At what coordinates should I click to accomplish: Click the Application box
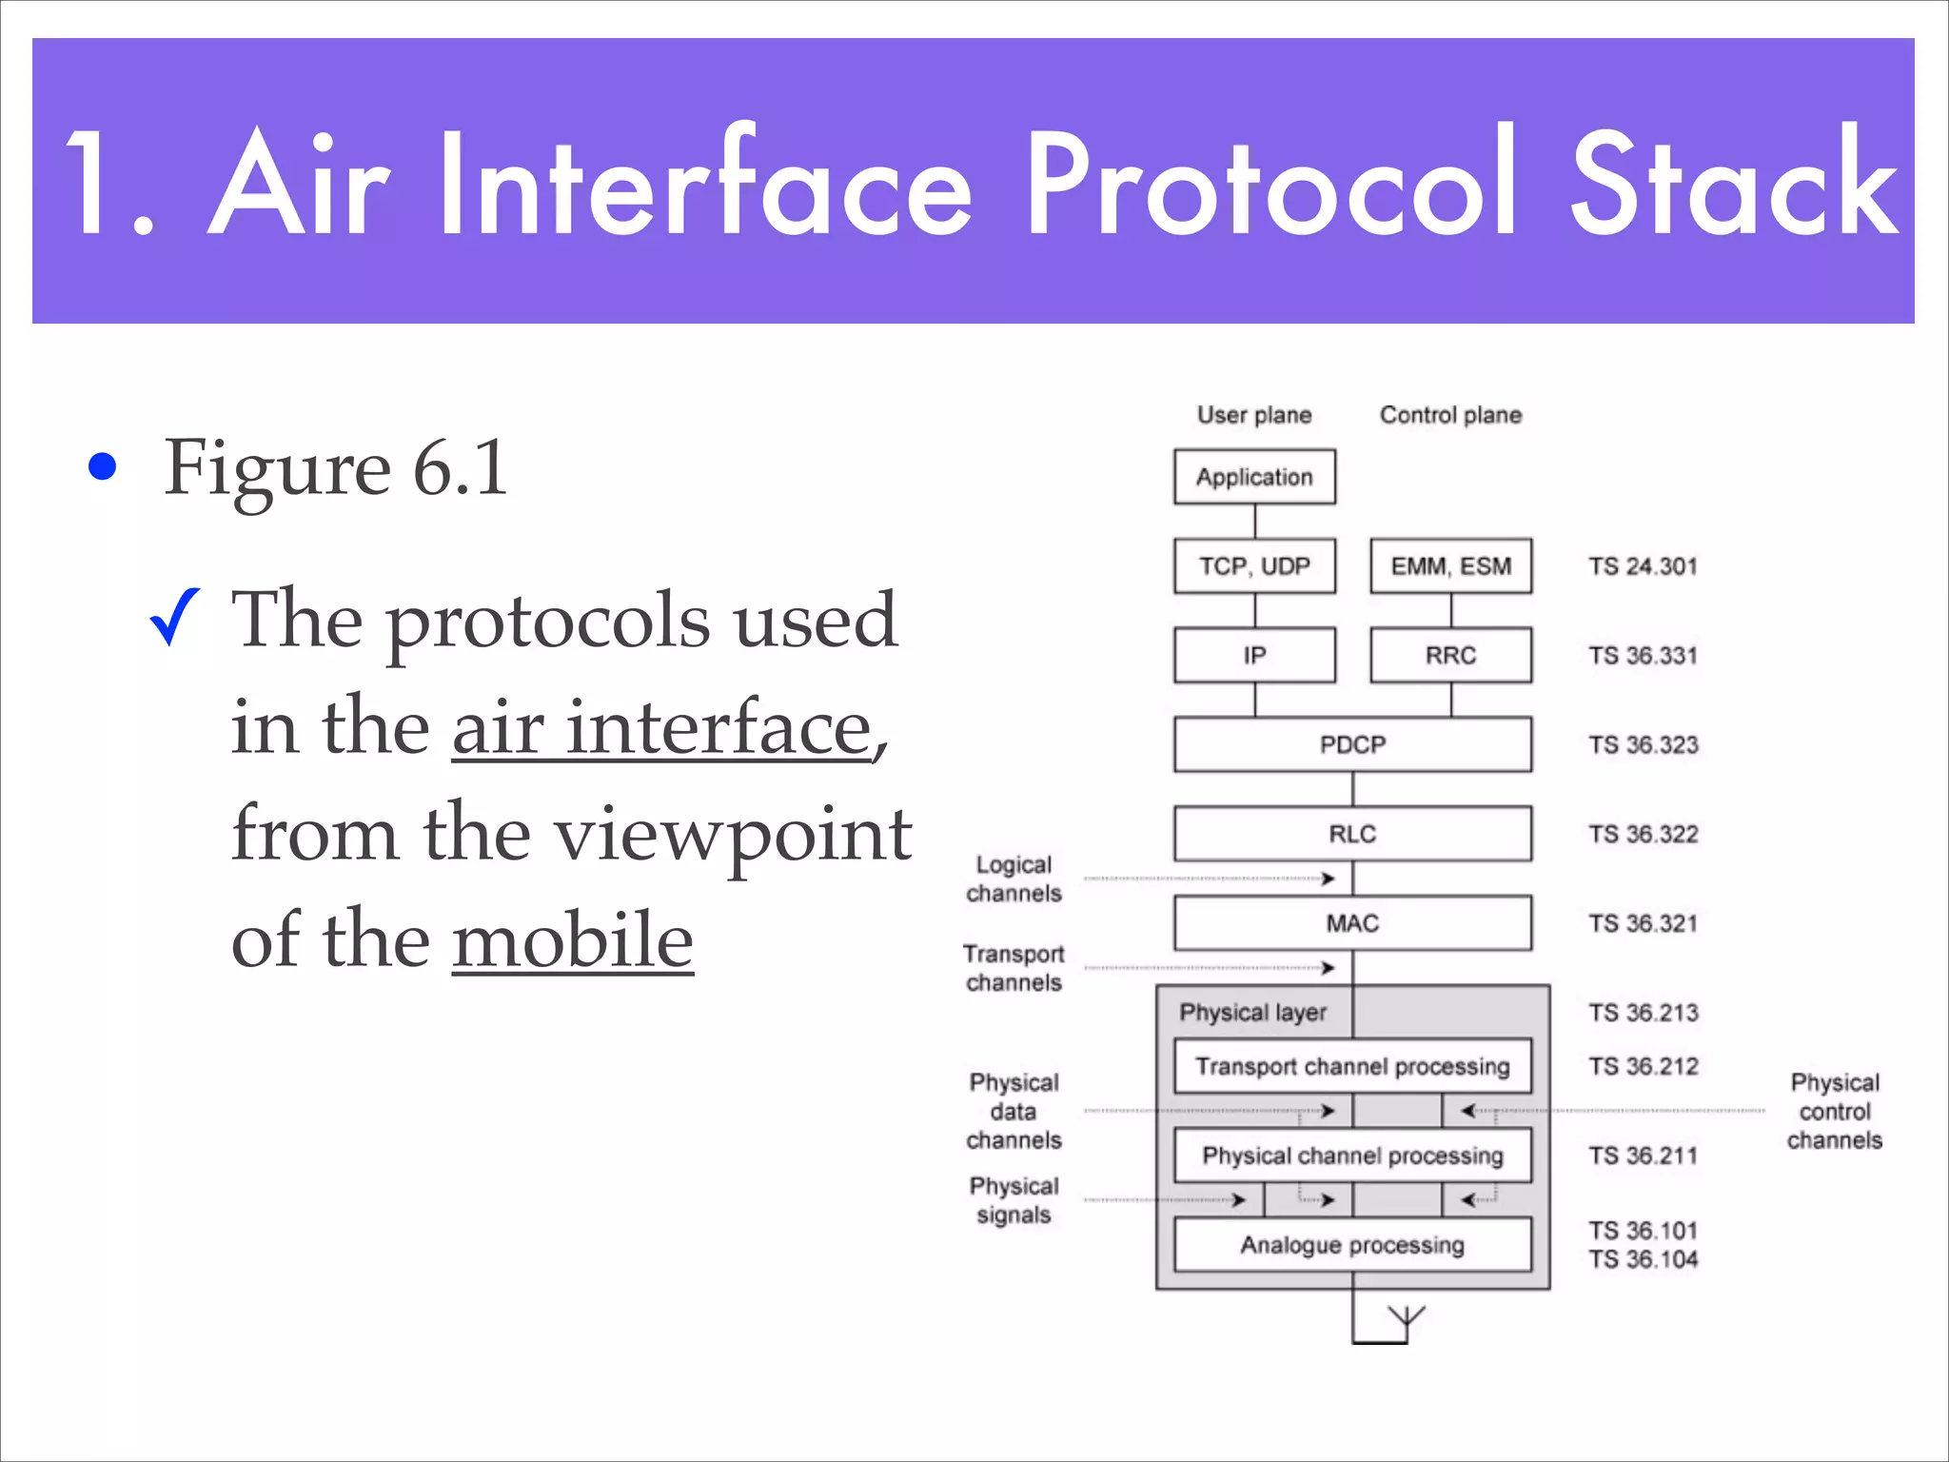pos(1254,477)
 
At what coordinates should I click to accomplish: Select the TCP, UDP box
pos(1254,566)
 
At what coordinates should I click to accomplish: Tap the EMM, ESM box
pos(1450,566)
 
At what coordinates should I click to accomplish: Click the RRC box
pos(1450,655)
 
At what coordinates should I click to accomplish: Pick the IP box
pos(1254,655)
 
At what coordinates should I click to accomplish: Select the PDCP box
pos(1352,744)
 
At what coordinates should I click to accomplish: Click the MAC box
pos(1352,923)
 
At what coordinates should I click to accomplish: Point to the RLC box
pos(1352,834)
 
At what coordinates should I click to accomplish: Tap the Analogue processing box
pos(1352,1245)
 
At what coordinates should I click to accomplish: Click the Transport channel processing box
pos(1352,1066)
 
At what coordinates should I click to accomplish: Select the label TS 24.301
pos(1643,566)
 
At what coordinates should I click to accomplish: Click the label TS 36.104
pos(1643,1259)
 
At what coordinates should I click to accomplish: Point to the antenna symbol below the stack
pos(1405,1319)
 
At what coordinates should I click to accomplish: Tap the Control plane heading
pos(1450,415)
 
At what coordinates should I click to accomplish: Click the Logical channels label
pos(1014,879)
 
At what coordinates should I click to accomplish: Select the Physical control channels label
pos(1834,1111)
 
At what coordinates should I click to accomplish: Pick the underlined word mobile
pos(572,939)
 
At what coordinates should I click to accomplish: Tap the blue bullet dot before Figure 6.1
pos(102,466)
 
